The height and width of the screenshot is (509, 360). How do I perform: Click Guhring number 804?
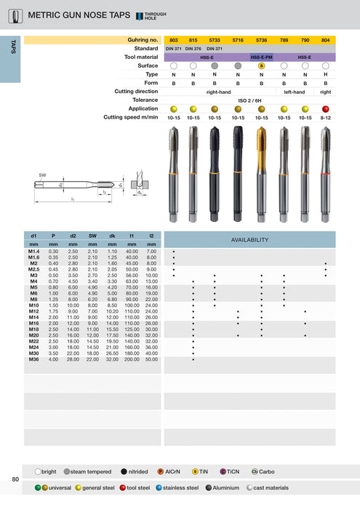pos(325,40)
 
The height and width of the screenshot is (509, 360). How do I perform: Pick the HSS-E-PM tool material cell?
pos(261,56)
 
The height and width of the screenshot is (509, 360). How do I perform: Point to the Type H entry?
pos(325,74)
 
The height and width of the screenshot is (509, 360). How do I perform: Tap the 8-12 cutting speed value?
pos(325,117)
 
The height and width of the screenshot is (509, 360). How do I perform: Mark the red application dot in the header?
pos(325,108)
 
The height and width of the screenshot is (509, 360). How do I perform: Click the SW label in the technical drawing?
pos(43,175)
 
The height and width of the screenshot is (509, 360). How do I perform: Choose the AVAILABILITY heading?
pos(249,239)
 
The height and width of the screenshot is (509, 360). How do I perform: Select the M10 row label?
pos(34,305)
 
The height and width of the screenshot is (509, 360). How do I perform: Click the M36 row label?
pos(34,358)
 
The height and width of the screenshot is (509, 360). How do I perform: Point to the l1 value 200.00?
pos(131,358)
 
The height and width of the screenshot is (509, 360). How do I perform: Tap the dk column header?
pos(112,236)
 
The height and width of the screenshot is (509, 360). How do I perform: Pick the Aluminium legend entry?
pos(226,487)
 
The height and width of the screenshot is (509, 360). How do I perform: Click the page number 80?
pos(15,479)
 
